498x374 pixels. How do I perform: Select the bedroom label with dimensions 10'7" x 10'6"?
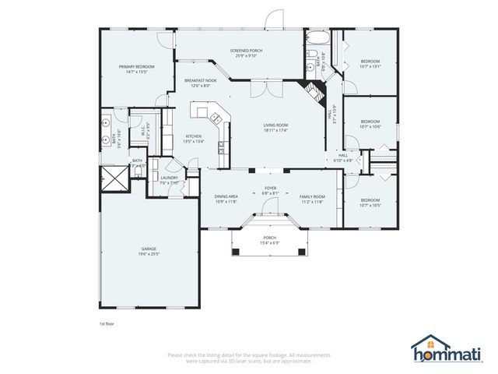coord(370,123)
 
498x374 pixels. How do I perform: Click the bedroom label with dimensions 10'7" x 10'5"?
coord(370,203)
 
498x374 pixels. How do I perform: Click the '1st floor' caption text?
coord(107,323)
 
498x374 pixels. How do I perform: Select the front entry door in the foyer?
coord(269,206)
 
